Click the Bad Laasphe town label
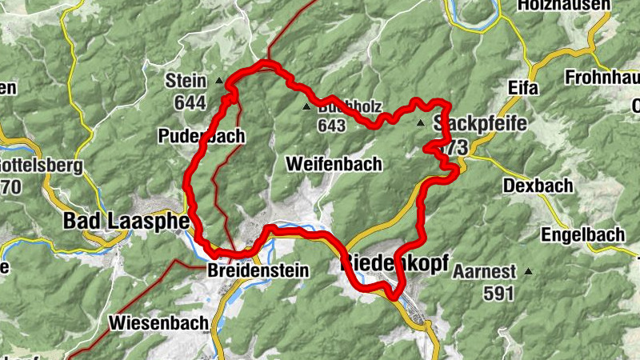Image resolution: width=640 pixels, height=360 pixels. (125, 220)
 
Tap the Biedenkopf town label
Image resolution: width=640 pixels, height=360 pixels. (395, 262)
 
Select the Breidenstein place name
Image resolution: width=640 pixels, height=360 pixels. (257, 271)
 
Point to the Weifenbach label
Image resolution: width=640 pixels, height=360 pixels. (334, 163)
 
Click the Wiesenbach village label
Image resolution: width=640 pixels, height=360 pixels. (158, 323)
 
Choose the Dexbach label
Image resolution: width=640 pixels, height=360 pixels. (538, 186)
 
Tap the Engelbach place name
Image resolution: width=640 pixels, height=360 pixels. (571, 235)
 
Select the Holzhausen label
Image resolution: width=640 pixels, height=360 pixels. (558, 6)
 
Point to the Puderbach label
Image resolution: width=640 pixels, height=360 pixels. (201, 135)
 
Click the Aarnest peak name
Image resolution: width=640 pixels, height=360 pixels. (485, 272)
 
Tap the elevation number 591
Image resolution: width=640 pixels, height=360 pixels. (498, 293)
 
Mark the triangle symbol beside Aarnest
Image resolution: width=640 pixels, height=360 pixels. (528, 272)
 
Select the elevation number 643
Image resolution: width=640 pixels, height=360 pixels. (331, 126)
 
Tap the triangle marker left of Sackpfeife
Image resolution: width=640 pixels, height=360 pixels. (421, 123)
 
